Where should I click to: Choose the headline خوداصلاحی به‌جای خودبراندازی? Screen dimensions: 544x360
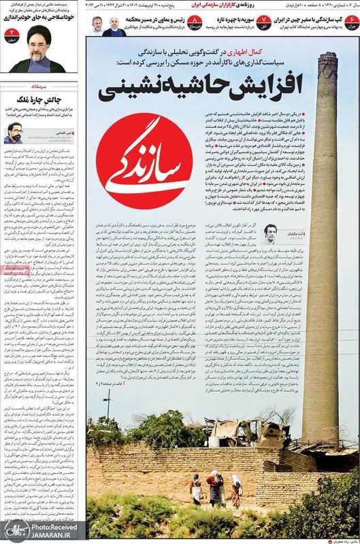pos(44,22)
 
